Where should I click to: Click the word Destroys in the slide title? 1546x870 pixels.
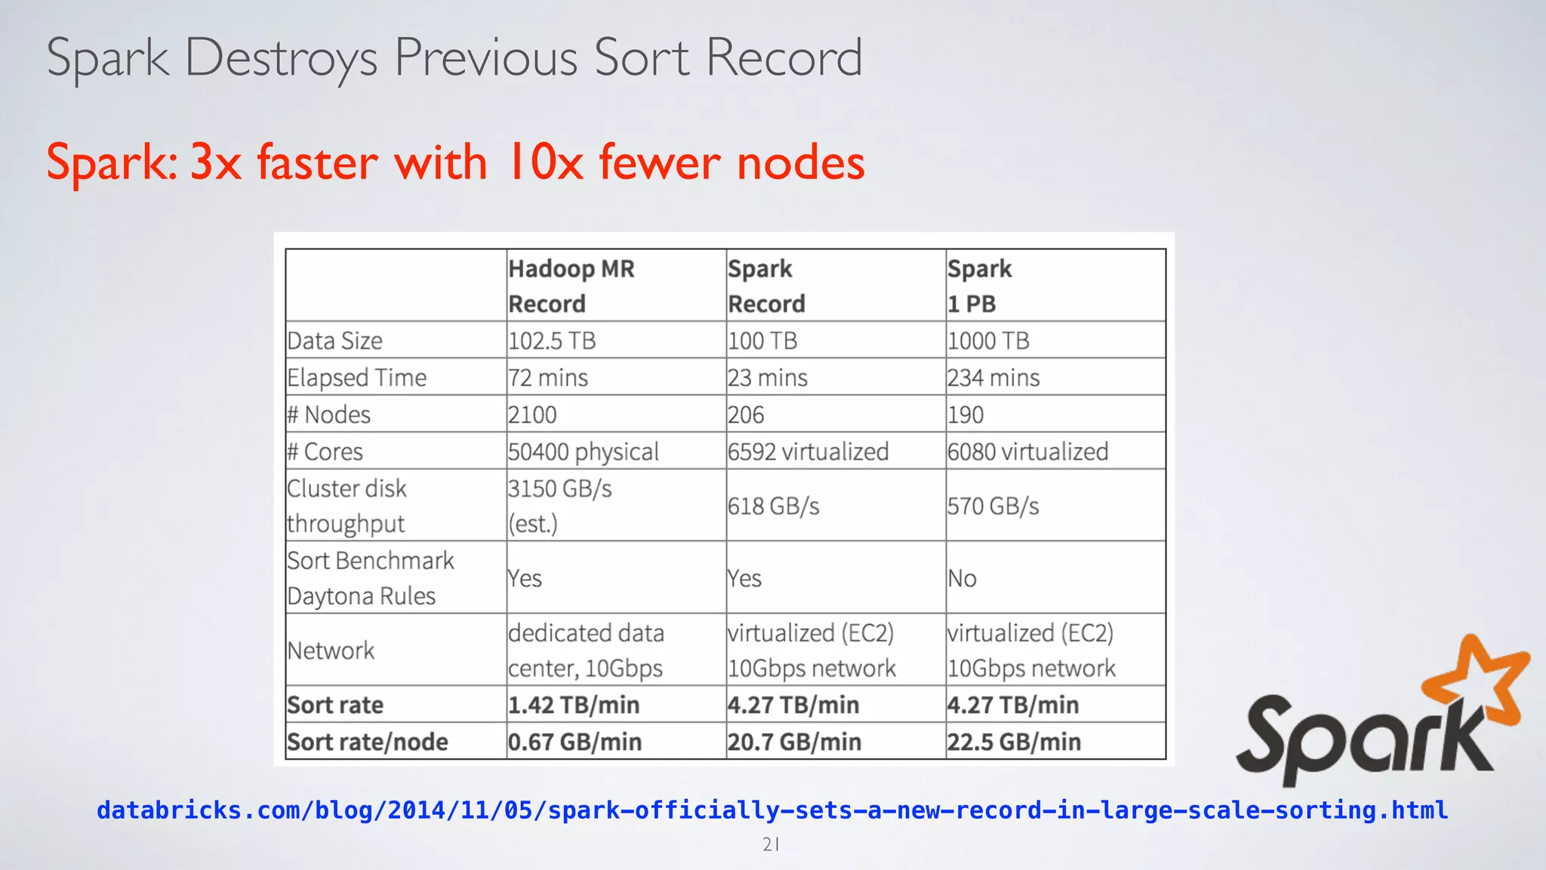click(281, 59)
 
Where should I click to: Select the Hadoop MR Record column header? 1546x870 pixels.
click(571, 286)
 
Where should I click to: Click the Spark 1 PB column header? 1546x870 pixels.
click(980, 286)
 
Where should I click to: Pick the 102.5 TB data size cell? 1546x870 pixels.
click(552, 341)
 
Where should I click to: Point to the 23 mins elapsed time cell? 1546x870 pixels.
click(768, 378)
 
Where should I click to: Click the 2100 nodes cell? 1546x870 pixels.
click(532, 415)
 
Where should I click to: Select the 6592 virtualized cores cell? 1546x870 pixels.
click(808, 452)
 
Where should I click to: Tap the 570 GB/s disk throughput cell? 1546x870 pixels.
click(993, 506)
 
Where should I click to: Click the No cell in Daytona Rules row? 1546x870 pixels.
click(962, 578)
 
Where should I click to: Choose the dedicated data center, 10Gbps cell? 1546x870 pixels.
click(586, 650)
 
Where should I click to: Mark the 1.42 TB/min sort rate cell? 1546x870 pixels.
click(574, 705)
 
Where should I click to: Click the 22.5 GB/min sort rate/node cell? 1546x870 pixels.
click(1014, 742)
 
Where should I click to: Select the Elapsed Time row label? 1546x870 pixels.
click(357, 378)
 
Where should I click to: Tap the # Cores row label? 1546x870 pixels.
click(325, 452)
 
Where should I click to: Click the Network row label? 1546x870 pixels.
click(331, 650)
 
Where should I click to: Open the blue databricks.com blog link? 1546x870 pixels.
click(771, 810)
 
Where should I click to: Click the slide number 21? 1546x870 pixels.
click(771, 845)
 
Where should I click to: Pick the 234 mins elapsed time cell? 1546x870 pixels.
click(993, 378)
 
